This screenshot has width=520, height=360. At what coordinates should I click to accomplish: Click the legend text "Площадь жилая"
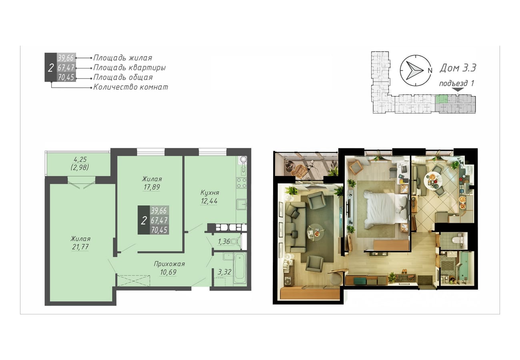[x=122, y=58]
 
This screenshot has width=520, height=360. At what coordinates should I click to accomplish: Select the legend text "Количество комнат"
[x=130, y=87]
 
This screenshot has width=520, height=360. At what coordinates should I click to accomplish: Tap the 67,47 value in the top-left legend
[x=66, y=68]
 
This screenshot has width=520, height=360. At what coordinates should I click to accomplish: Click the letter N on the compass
[x=430, y=70]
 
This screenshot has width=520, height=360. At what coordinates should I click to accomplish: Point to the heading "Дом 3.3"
[x=458, y=68]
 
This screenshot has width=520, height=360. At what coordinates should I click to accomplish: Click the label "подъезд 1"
[x=456, y=83]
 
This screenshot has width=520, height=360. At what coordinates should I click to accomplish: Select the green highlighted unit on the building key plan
[x=441, y=99]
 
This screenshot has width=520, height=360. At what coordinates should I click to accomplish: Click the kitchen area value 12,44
[x=209, y=201]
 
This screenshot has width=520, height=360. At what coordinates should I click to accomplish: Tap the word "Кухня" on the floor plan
[x=210, y=192]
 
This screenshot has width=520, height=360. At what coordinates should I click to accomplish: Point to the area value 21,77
[x=80, y=247]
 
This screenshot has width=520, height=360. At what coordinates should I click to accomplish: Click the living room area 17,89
[x=152, y=187]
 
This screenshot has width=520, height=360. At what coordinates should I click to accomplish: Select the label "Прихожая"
[x=169, y=264]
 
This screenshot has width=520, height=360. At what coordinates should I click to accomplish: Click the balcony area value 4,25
[x=80, y=159]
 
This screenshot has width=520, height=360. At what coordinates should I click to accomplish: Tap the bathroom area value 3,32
[x=224, y=272]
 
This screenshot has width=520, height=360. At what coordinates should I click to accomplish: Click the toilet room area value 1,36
[x=224, y=242]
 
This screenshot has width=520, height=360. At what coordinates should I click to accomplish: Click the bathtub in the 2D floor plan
[x=240, y=268]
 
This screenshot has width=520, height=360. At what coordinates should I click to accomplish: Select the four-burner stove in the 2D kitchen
[x=242, y=183]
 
